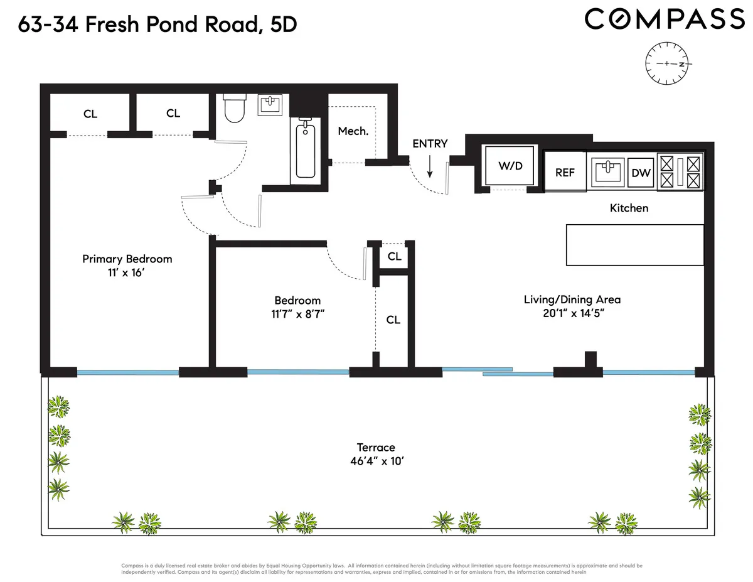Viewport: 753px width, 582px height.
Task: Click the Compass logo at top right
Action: tap(664, 19)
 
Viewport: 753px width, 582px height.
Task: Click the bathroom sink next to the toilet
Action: tap(272, 105)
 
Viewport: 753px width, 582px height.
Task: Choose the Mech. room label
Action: tap(353, 131)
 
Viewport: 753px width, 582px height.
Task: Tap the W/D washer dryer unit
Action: tap(510, 166)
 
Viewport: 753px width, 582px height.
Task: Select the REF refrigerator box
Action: tap(565, 171)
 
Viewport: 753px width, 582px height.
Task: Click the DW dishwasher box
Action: tap(641, 173)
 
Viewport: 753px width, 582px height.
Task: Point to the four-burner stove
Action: tap(681, 172)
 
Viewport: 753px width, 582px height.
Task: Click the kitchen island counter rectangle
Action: tap(634, 245)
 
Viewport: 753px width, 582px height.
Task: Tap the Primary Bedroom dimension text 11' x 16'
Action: tap(127, 274)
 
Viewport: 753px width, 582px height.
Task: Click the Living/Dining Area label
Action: tap(572, 299)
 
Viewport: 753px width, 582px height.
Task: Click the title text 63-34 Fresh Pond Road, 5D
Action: tap(157, 24)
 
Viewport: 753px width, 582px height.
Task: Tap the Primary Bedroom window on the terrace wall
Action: tap(128, 372)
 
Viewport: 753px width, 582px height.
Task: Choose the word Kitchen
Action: tap(629, 208)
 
